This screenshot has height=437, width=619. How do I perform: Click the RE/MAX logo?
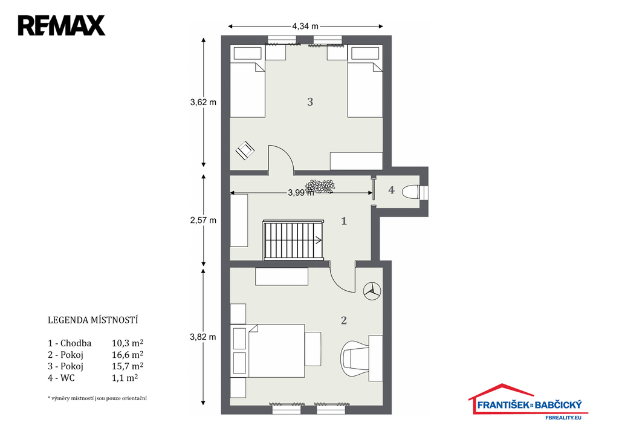pyautogui.click(x=62, y=25)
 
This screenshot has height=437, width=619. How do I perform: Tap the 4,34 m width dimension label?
pyautogui.click(x=305, y=27)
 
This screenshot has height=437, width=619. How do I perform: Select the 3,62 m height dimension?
pyautogui.click(x=203, y=102)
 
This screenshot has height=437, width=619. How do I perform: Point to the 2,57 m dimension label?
pyautogui.click(x=203, y=220)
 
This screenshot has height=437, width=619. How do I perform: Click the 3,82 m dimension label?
pyautogui.click(x=203, y=337)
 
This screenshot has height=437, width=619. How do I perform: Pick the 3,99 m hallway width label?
pyautogui.click(x=301, y=193)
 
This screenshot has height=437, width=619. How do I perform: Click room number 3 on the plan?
pyautogui.click(x=310, y=102)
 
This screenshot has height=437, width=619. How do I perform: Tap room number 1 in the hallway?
pyautogui.click(x=344, y=221)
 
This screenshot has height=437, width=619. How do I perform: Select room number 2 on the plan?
pyautogui.click(x=344, y=320)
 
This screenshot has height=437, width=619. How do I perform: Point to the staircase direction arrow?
pyautogui.click(x=318, y=239)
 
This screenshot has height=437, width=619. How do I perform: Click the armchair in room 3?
pyautogui.click(x=245, y=151)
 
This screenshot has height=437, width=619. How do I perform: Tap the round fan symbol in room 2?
pyautogui.click(x=372, y=291)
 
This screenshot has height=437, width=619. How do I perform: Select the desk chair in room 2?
pyautogui.click(x=354, y=358)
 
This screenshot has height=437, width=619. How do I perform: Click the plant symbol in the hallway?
pyautogui.click(x=320, y=186)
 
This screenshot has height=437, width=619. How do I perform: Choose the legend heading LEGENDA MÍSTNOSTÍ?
pyautogui.click(x=92, y=320)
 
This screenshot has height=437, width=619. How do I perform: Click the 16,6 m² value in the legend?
pyautogui.click(x=127, y=354)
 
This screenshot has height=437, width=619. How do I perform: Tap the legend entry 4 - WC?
pyautogui.click(x=61, y=378)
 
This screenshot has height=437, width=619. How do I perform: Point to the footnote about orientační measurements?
pyautogui.click(x=97, y=398)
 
